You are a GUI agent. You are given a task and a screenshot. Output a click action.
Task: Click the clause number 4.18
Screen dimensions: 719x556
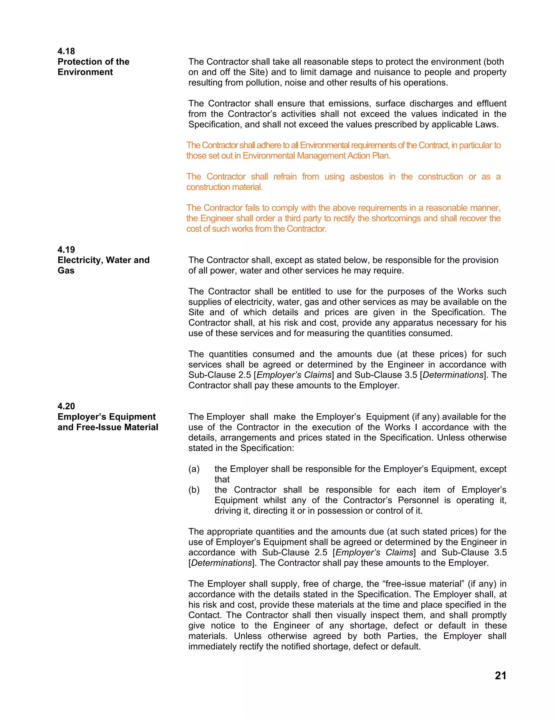66,51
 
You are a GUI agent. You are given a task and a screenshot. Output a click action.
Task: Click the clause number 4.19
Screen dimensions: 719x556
66,250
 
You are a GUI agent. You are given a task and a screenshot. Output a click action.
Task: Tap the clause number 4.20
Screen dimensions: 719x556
66,406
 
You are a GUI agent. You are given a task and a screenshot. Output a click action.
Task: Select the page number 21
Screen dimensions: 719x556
500,676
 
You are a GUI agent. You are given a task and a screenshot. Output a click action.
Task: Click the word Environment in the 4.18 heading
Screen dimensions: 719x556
85,72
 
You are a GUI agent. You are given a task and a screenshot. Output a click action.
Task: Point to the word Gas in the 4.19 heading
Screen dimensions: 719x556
66,271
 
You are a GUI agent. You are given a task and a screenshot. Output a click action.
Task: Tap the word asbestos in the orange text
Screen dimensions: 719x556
366,177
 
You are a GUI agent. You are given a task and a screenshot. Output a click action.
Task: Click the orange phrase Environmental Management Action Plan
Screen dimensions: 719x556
316,156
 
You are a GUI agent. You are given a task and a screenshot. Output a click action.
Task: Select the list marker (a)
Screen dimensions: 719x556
194,469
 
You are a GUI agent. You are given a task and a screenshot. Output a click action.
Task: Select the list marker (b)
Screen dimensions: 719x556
194,490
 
